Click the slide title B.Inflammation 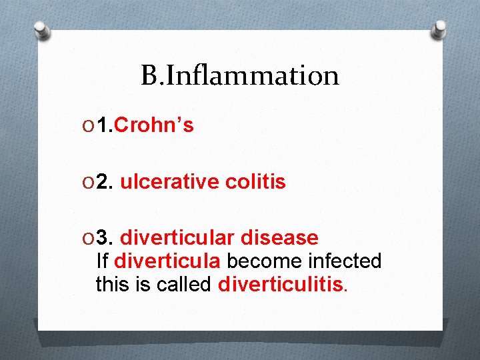click(x=240, y=76)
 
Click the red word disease click(x=279, y=237)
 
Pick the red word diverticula click(x=155, y=261)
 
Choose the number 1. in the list click(x=107, y=125)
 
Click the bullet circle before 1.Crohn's click(x=89, y=125)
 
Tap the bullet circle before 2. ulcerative click(x=89, y=182)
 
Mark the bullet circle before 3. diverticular click(x=89, y=237)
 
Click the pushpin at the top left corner click(x=42, y=30)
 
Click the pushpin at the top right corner click(x=439, y=29)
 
